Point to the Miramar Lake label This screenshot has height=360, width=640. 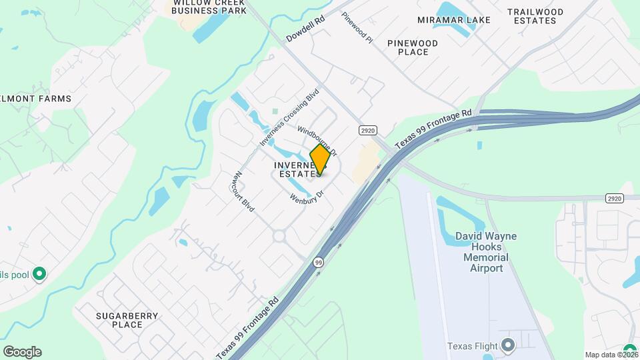point(454,20)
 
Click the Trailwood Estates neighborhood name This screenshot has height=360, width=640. point(535,16)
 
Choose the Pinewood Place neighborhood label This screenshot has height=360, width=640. point(413,47)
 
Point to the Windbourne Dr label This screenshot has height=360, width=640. point(317,139)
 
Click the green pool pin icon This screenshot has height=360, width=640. point(39,273)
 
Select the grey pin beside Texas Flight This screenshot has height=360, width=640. point(509,345)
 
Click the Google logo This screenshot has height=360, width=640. point(22,351)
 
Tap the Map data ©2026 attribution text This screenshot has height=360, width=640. point(609,355)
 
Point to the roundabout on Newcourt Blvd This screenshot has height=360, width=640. point(279,235)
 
